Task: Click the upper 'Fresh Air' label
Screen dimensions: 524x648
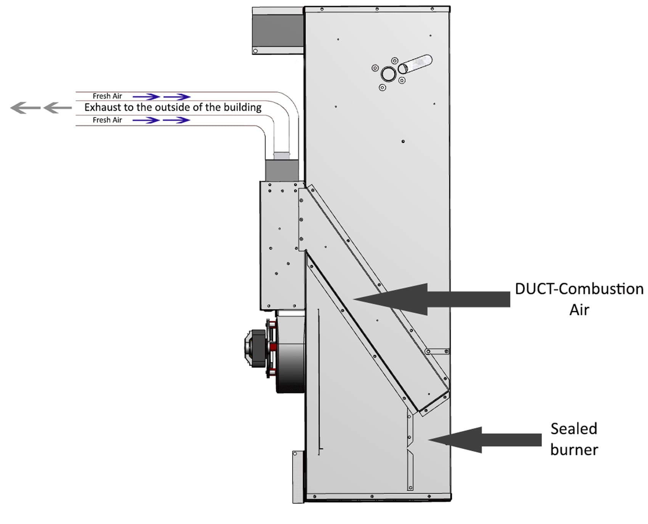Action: click(x=107, y=96)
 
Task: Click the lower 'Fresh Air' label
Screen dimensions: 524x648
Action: click(x=107, y=120)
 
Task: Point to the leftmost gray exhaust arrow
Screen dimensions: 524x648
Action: click(x=25, y=108)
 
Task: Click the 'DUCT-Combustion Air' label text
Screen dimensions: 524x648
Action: click(x=579, y=299)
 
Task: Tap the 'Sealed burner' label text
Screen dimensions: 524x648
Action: click(x=574, y=439)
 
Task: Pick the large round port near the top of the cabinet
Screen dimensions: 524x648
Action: click(x=388, y=74)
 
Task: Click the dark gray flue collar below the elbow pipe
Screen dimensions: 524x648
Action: click(x=281, y=170)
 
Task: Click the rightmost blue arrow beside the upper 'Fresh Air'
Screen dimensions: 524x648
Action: click(x=177, y=97)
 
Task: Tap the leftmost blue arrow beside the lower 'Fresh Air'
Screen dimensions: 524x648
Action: click(x=146, y=120)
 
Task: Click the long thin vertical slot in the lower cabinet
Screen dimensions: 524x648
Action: click(x=319, y=382)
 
